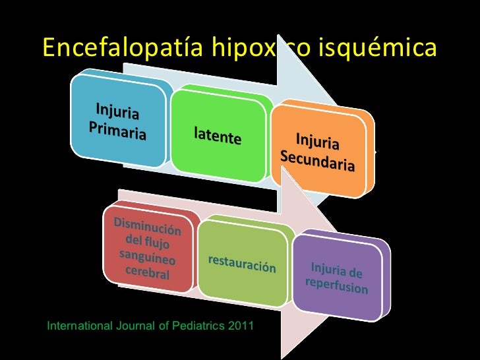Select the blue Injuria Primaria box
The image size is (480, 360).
click(119, 122)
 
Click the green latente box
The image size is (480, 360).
click(218, 135)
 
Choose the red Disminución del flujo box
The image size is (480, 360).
click(148, 247)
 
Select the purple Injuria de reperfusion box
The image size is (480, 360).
click(336, 277)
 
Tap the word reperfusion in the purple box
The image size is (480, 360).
click(336, 286)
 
